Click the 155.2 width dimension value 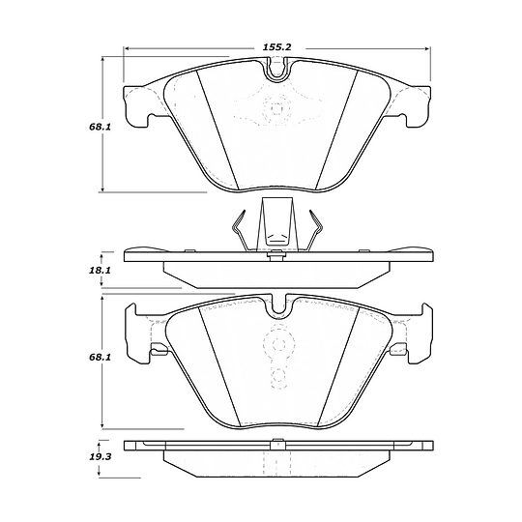(277, 47)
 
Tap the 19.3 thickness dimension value (101, 456)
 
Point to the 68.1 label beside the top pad (100, 127)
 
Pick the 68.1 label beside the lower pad (100, 358)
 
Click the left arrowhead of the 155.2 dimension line (127, 49)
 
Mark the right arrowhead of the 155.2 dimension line (427, 49)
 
